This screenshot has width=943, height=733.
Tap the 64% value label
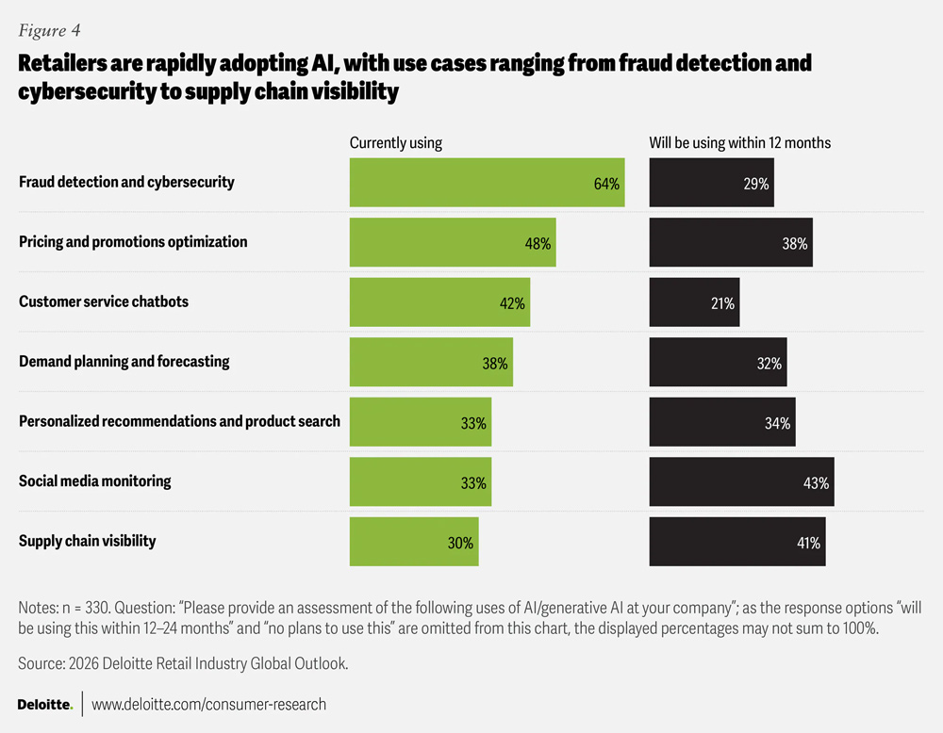[x=606, y=184]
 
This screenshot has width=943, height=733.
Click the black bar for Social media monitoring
[x=741, y=481]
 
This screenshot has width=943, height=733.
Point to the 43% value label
[x=816, y=483]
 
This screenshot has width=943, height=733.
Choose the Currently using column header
[x=395, y=143]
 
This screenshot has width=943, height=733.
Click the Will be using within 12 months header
[x=739, y=143]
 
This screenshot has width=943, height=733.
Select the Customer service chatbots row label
[x=104, y=301]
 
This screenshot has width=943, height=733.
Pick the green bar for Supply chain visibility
[x=414, y=542]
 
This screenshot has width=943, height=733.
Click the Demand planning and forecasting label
[x=124, y=361]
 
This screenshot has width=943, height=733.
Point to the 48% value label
[x=538, y=243]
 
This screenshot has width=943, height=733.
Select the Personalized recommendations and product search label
[x=179, y=421]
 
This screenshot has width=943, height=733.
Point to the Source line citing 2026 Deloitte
[x=183, y=664]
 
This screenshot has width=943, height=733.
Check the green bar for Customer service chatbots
[x=439, y=302]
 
